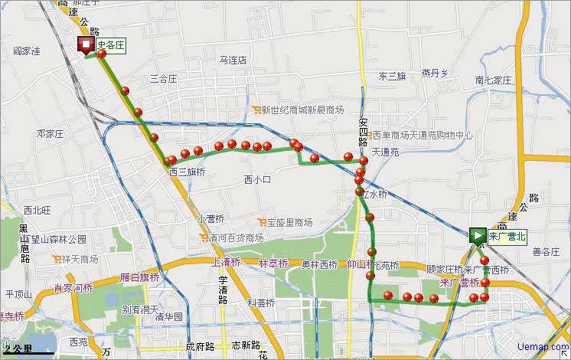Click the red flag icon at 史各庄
[x=84, y=46]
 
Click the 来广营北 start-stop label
[x=508, y=236]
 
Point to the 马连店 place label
[x=233, y=60]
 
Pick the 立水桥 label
[x=374, y=195]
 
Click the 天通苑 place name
[x=386, y=152]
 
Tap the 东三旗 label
[x=392, y=77]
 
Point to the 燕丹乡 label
[x=434, y=74]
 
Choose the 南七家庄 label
[x=492, y=80]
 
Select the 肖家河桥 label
[x=73, y=289]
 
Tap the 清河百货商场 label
[x=237, y=238]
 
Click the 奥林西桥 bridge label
[x=319, y=265]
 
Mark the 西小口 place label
[x=258, y=180]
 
